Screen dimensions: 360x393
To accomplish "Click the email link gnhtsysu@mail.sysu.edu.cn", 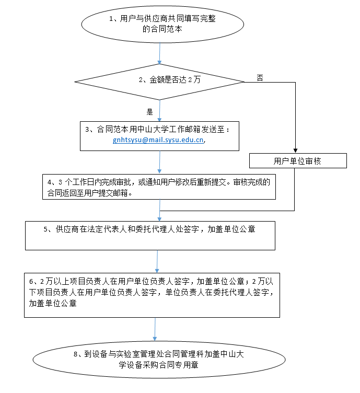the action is pos(158,140).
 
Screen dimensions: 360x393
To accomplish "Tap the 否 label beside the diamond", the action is pos(260,78).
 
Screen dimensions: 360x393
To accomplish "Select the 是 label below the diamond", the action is pos(149,112).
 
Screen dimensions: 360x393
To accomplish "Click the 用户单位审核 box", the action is pos(298,160).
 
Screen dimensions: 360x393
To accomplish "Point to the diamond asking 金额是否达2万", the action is pos(159,82).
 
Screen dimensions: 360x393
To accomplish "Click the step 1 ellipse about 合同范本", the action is pos(162,25).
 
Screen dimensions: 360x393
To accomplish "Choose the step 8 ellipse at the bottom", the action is pos(159,360).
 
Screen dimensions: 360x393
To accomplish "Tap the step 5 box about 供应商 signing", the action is pos(150,236).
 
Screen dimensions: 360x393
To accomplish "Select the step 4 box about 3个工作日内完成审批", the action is pos(159,187).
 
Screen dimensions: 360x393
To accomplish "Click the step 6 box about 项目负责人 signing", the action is pos(152,295).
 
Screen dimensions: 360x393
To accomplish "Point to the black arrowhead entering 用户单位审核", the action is pos(295,151).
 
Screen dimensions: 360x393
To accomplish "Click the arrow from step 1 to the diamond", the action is pos(159,53).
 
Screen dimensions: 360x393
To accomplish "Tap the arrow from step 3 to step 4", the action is pos(159,163).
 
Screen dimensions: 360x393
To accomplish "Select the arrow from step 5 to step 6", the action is pos(157,262).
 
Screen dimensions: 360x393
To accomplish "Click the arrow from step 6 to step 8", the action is pos(155,329).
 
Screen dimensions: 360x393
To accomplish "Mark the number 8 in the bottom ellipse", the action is pos(75,354).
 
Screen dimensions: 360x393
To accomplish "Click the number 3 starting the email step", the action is pos(87,130).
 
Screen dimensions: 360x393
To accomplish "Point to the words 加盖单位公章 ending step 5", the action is pos(231,229).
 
